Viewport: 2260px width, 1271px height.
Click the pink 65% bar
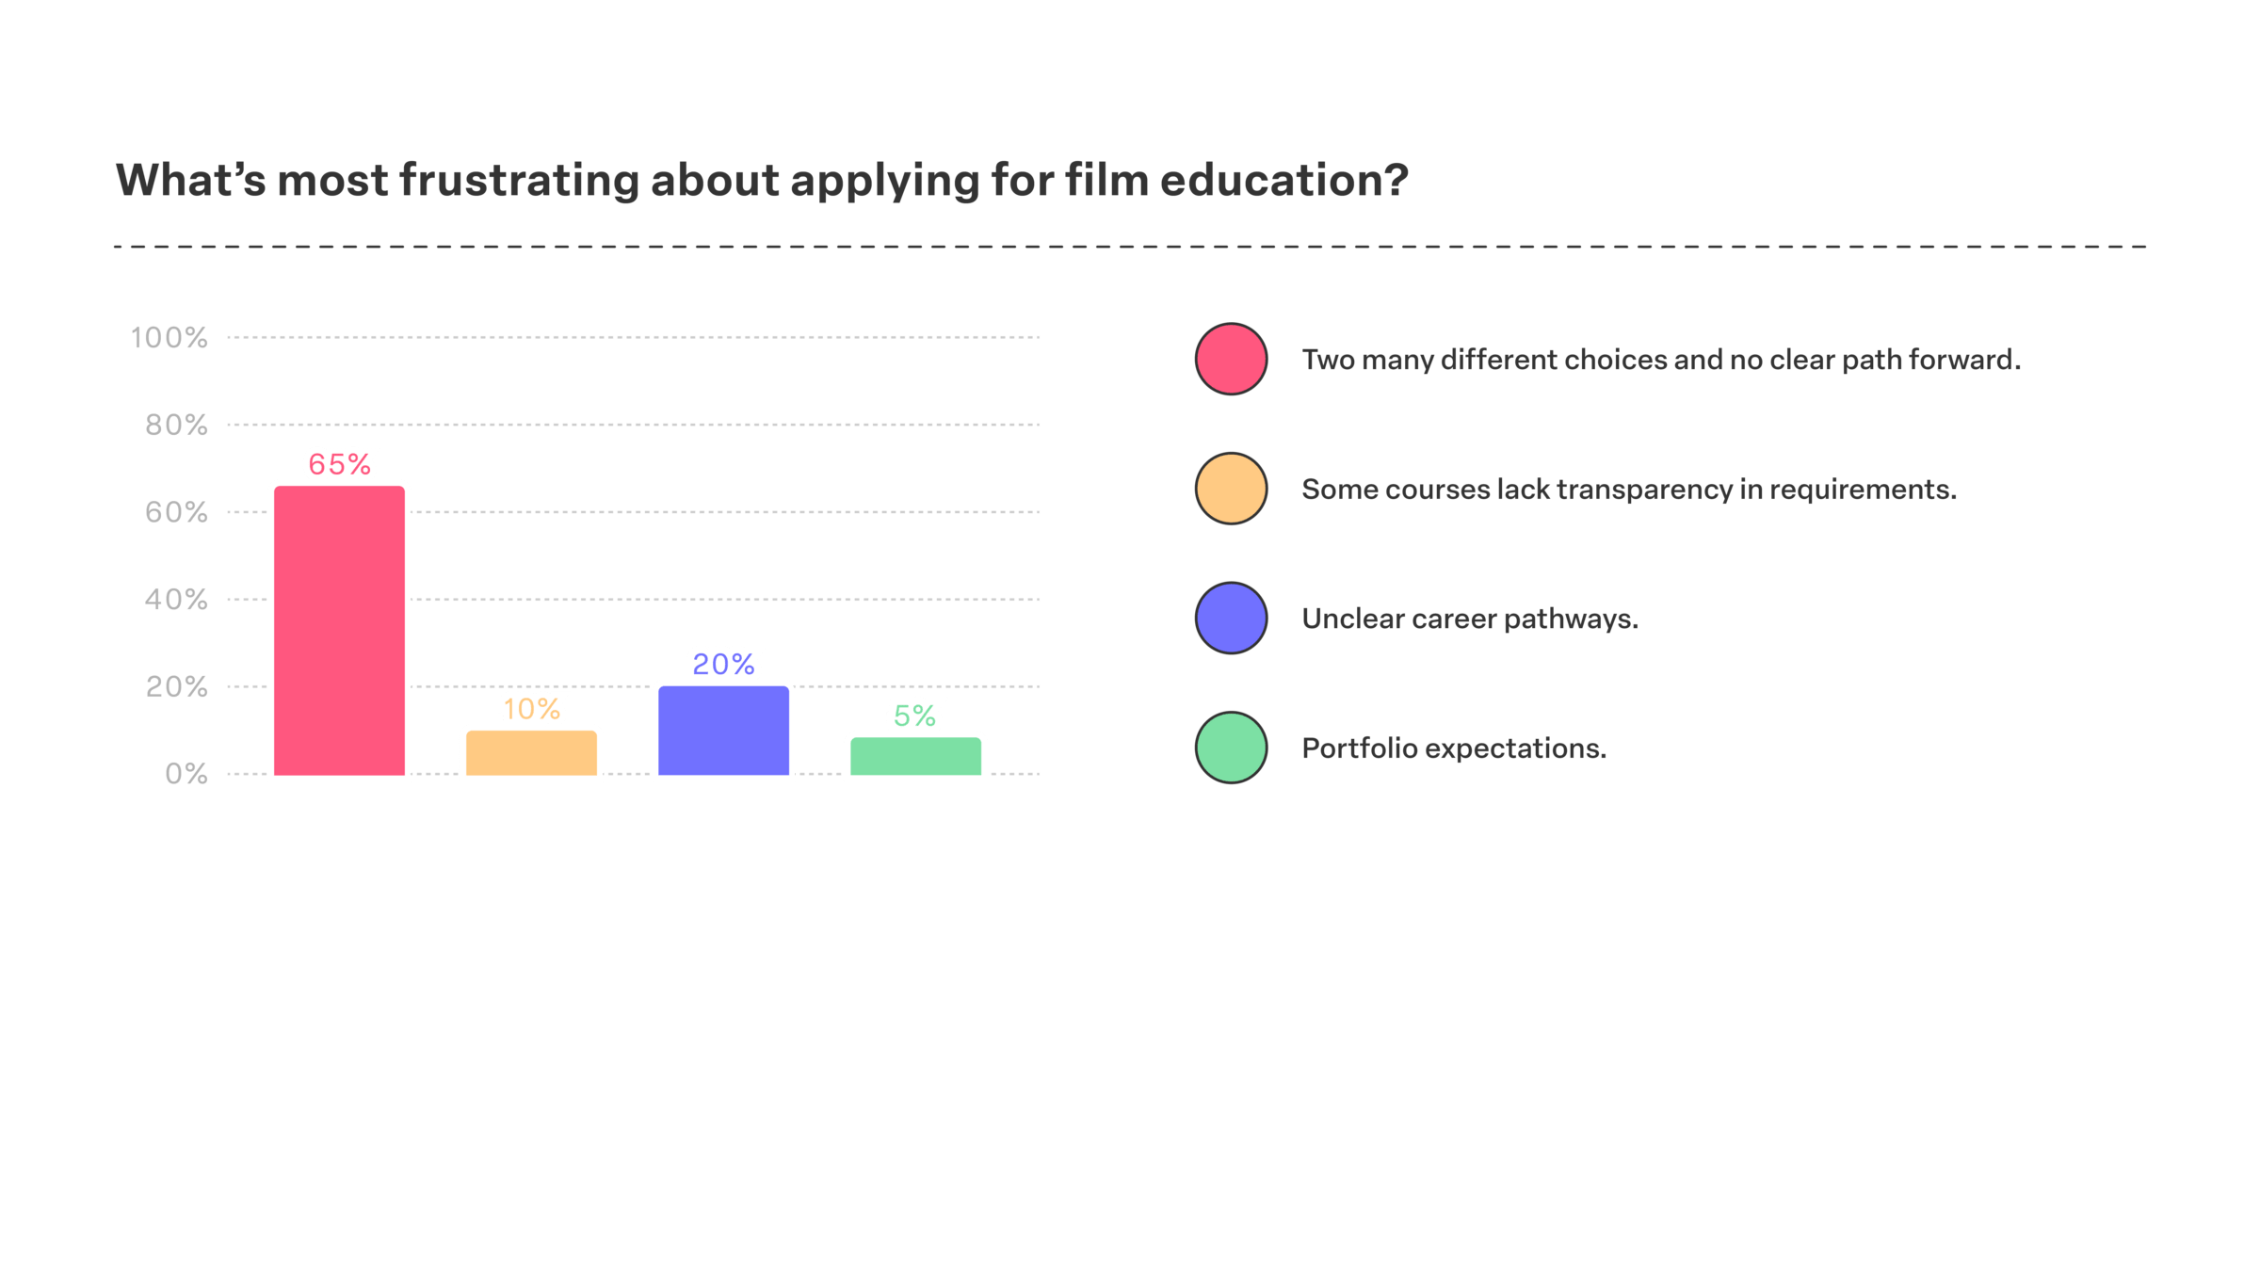(x=339, y=631)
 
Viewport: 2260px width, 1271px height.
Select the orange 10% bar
(x=531, y=753)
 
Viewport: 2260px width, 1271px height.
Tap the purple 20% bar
(x=723, y=731)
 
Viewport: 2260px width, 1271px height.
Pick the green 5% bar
(x=915, y=756)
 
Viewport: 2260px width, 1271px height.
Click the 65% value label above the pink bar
(x=340, y=464)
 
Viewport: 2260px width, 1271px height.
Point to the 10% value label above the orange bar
(x=532, y=708)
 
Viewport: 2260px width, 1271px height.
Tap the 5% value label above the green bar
(x=915, y=716)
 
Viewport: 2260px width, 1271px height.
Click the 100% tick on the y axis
(x=169, y=338)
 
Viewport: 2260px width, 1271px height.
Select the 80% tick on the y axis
(x=176, y=426)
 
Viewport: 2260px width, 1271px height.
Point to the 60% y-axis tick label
(x=176, y=512)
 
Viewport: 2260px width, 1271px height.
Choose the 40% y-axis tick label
(x=176, y=600)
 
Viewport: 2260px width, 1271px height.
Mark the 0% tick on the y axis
(x=186, y=774)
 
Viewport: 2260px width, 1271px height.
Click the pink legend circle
(x=1231, y=359)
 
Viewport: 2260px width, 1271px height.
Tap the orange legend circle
(x=1231, y=489)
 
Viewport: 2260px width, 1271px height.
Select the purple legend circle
(x=1231, y=619)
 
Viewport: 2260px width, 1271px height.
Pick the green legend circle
(x=1231, y=748)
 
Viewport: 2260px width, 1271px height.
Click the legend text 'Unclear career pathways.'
(x=1470, y=619)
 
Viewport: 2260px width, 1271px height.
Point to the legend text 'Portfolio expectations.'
(x=1454, y=748)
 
